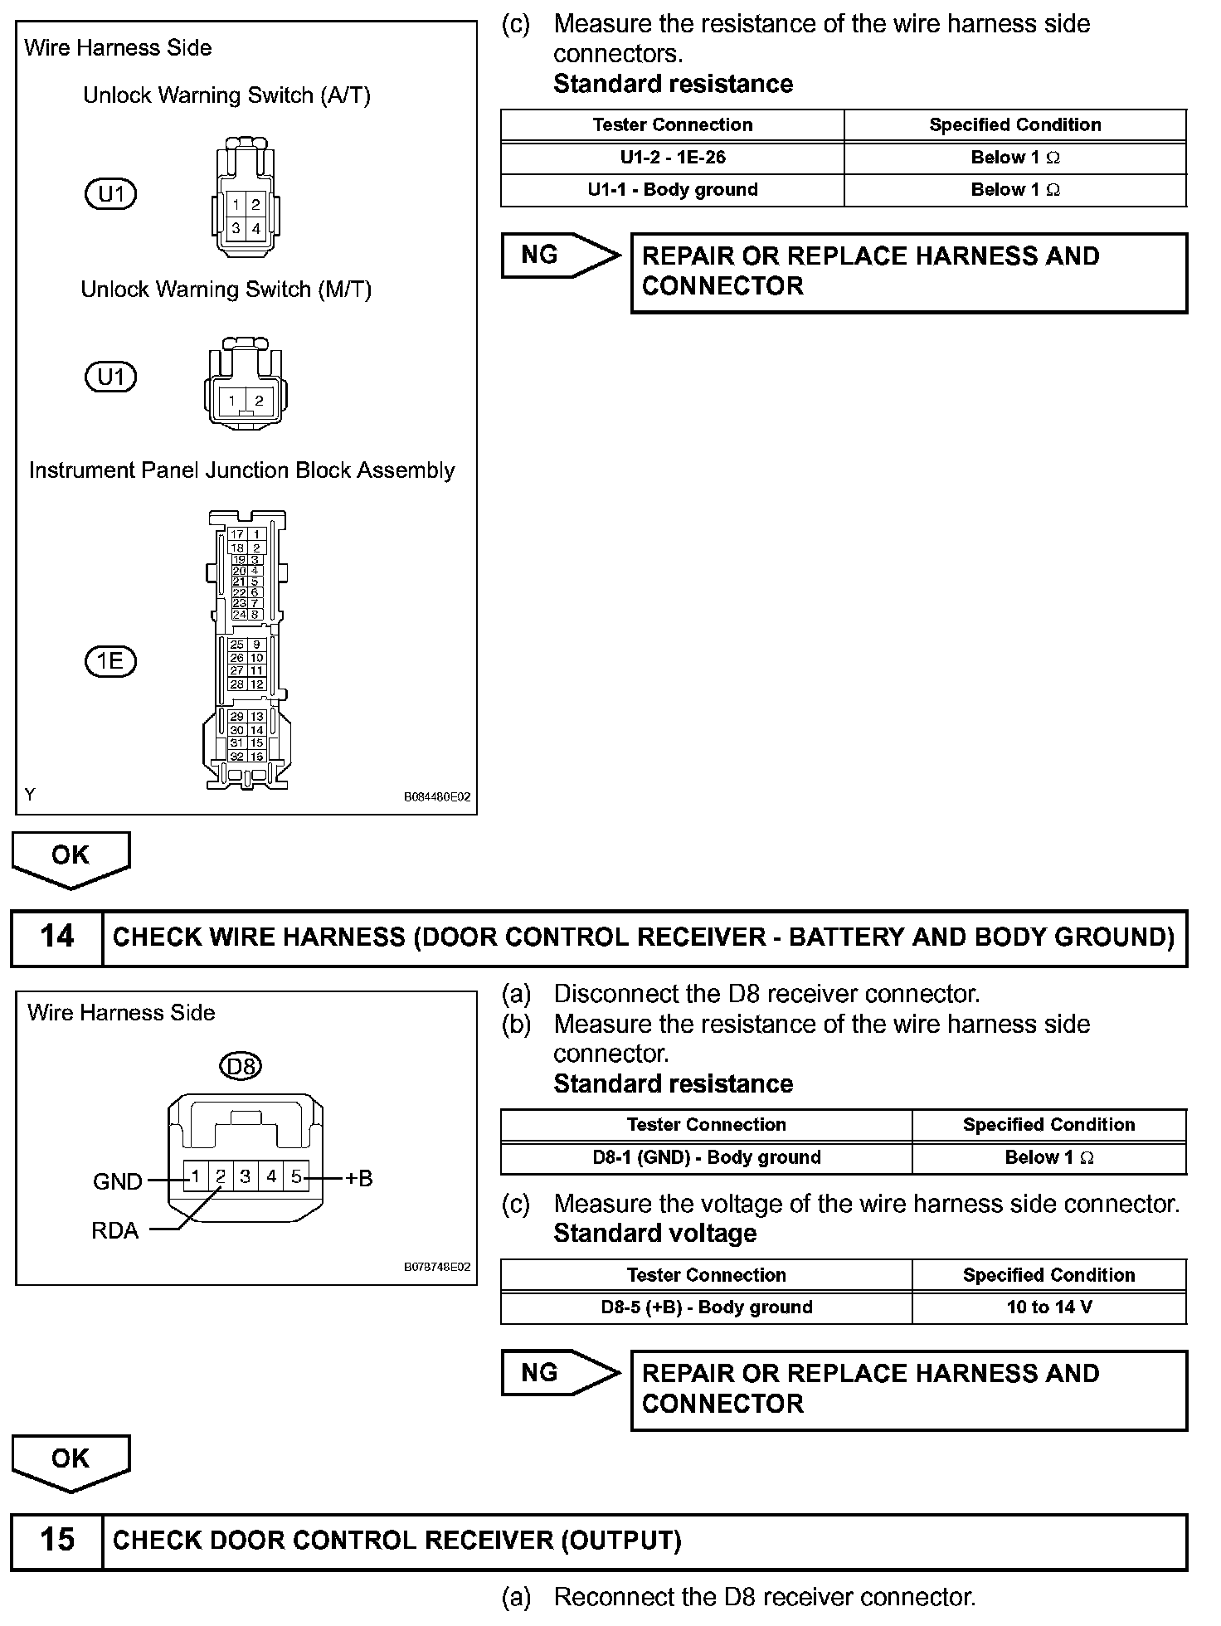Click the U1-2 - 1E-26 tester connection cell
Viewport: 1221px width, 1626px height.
(x=672, y=158)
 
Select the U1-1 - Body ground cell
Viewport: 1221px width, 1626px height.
(x=672, y=190)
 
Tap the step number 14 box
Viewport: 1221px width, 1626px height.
(x=56, y=937)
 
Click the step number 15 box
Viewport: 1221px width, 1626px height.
(x=56, y=1541)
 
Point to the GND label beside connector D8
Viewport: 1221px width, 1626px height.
(x=118, y=1181)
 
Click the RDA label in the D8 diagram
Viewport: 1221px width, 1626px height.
(x=115, y=1230)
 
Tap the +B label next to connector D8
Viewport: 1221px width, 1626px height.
(x=359, y=1178)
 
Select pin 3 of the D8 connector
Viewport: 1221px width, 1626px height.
(x=246, y=1176)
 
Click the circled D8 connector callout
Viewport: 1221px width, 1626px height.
(x=241, y=1065)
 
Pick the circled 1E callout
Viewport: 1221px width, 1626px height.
(x=110, y=661)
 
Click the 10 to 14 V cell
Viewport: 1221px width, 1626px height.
(x=1048, y=1307)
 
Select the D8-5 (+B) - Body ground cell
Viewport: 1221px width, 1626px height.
(x=706, y=1307)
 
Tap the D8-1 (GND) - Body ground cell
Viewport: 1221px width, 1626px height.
(x=706, y=1157)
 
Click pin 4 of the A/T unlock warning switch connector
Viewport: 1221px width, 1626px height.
(x=256, y=228)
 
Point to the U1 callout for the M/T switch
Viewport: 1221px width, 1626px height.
(x=110, y=377)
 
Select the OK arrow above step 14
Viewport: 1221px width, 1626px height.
(x=71, y=859)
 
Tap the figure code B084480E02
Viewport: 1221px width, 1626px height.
(x=437, y=797)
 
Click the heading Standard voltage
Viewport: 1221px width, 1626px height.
(x=654, y=1234)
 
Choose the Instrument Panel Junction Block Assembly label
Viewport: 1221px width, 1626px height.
(x=241, y=470)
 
